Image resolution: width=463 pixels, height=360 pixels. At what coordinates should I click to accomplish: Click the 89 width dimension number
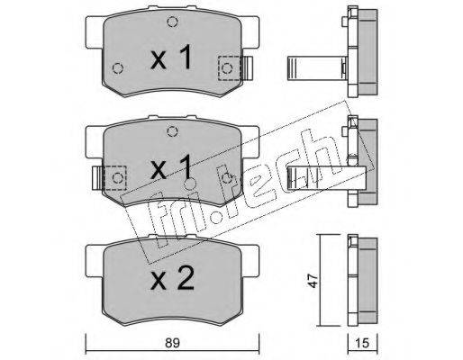pyautogui.click(x=172, y=343)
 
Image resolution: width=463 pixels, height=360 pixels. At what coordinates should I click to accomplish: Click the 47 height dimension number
pyautogui.click(x=313, y=281)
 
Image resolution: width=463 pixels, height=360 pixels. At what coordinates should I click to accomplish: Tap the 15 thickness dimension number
pyautogui.click(x=363, y=343)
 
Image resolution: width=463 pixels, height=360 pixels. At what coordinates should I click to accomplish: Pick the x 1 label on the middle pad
pyautogui.click(x=171, y=167)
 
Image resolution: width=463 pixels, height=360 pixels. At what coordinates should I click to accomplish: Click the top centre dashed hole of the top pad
pyautogui.click(x=172, y=22)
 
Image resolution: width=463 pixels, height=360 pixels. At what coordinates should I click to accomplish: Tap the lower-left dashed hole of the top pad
pyautogui.click(x=118, y=68)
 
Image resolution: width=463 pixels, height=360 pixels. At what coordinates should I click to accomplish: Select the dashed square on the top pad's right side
pyautogui.click(x=230, y=68)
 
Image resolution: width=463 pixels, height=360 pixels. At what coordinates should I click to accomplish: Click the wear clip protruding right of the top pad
pyautogui.click(x=248, y=68)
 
